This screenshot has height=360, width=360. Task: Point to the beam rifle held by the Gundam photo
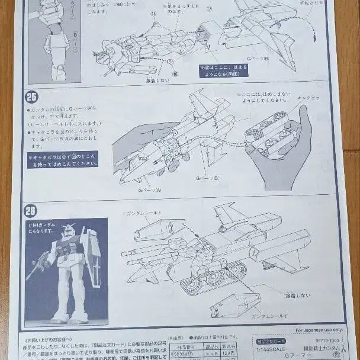click(x=38, y=264)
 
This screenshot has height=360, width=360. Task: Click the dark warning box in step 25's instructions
click(x=62, y=159)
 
